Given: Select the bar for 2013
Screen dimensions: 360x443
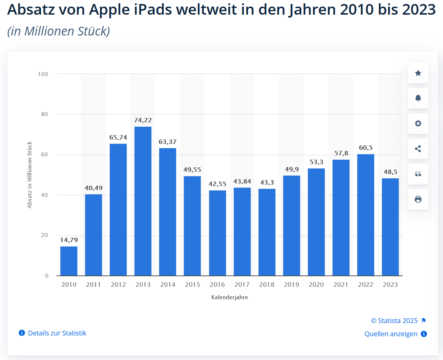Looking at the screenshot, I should [x=143, y=201].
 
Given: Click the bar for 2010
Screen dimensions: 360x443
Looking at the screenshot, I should [x=69, y=261].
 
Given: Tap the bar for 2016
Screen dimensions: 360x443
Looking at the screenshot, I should [x=217, y=233].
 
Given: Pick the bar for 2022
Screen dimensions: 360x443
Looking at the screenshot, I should [x=365, y=215].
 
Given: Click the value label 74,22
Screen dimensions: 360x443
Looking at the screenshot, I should [x=143, y=120].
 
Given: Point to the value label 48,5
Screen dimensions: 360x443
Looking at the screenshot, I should [x=390, y=172].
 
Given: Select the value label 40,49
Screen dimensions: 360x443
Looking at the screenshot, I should [x=94, y=188].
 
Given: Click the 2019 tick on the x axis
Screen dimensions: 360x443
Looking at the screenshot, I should [x=291, y=285].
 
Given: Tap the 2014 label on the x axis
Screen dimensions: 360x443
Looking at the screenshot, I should [x=168, y=285].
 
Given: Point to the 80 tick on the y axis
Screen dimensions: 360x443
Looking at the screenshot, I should [x=44, y=114].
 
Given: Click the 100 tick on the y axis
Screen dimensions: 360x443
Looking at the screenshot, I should [x=43, y=74].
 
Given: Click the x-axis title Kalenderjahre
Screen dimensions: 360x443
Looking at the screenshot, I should [x=229, y=297].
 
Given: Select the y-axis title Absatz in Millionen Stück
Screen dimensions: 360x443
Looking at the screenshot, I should [x=30, y=175].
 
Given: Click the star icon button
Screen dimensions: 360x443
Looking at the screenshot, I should [x=418, y=73].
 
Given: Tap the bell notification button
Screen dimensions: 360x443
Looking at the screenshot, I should [x=418, y=98].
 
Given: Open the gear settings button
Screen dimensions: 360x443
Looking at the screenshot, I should [x=418, y=123].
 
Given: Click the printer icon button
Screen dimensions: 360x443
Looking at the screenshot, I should [x=418, y=199].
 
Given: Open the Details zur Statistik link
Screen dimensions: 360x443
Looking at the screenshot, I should [x=57, y=333].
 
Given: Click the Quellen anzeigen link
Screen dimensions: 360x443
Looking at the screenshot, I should [x=391, y=334].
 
